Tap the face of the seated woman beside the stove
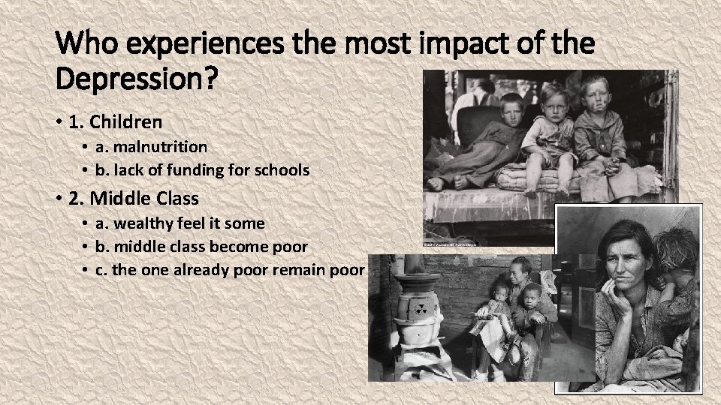coord(518,271)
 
